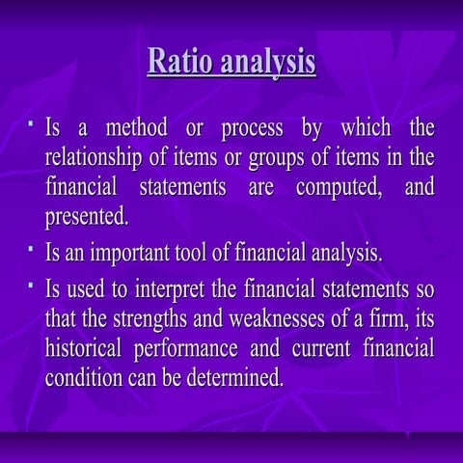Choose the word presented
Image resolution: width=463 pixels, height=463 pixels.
click(x=87, y=214)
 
